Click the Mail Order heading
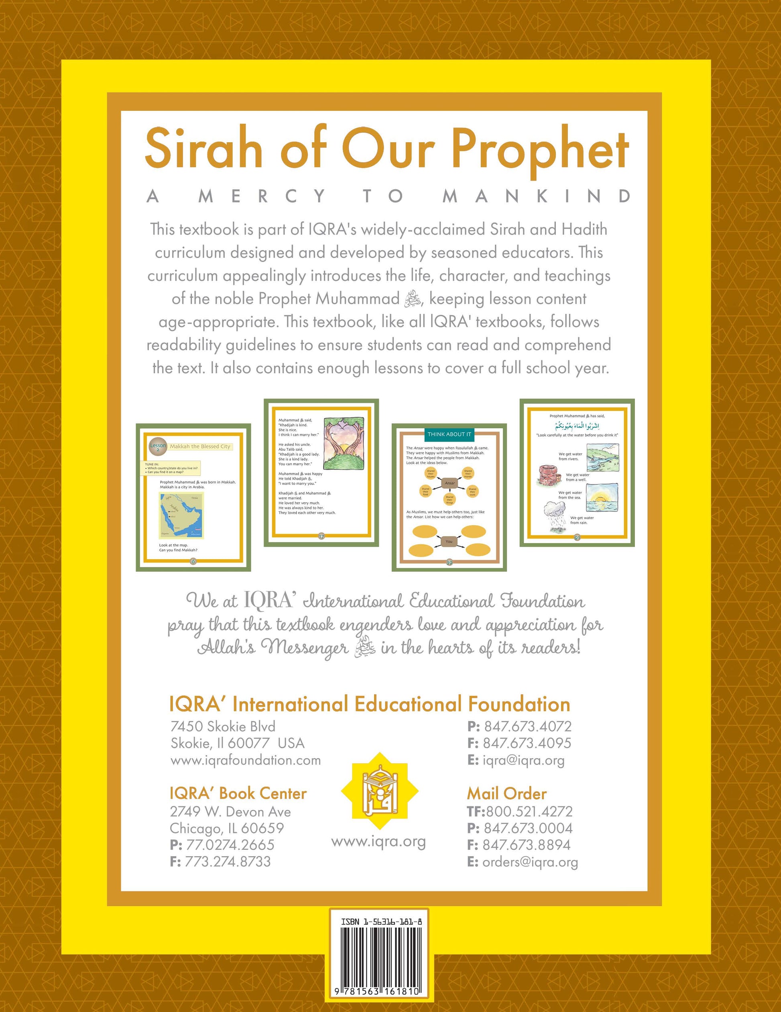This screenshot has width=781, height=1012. tap(506, 794)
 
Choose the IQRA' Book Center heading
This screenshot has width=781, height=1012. tap(238, 793)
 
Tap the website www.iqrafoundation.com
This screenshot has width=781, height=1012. tap(245, 761)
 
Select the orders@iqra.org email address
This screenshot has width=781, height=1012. tap(530, 862)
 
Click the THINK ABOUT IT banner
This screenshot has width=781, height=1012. tap(449, 434)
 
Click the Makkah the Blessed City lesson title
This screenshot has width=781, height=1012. tap(200, 446)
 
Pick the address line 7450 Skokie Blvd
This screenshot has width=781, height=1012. tap(223, 726)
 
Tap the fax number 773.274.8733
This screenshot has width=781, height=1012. tap(227, 861)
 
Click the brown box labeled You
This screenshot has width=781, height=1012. tap(449, 541)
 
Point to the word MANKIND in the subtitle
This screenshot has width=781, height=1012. tap(537, 196)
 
